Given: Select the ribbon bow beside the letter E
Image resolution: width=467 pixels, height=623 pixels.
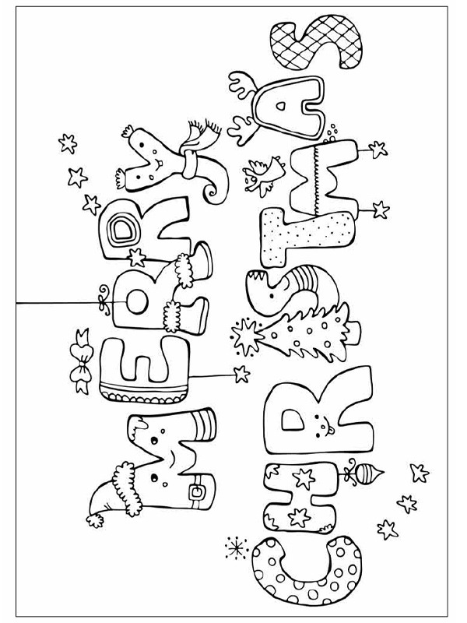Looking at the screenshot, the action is coord(82,362).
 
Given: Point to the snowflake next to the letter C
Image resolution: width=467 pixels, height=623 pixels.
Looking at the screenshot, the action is coord(237,548).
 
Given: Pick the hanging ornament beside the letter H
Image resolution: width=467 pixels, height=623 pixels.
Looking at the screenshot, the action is coord(363,473).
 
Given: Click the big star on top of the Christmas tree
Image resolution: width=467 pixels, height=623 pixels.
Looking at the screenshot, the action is coord(246,336).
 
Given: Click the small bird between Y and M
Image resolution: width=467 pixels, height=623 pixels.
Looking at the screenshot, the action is coord(263,174).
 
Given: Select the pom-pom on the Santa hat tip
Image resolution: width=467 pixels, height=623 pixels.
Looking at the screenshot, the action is coord(95,519).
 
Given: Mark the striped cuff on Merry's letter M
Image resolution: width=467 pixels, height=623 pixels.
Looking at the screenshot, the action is coord(204,425).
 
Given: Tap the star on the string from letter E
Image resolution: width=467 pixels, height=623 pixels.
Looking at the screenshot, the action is coord(241,374).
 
